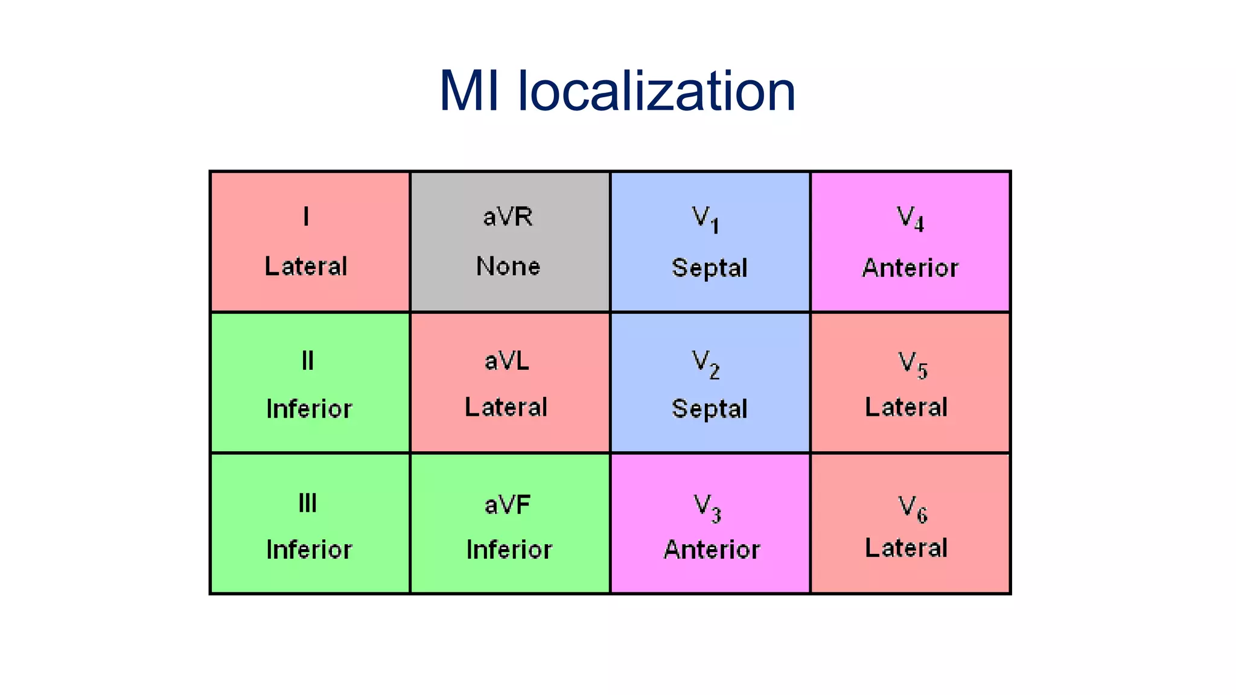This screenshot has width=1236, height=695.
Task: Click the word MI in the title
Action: point(469,91)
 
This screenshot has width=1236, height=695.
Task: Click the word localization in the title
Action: point(657,91)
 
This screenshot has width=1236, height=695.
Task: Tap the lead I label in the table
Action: point(307,216)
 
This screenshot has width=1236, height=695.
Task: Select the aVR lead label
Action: point(508,217)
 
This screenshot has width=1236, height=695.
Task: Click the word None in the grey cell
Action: point(508,266)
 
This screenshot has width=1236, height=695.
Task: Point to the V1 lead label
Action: point(705,219)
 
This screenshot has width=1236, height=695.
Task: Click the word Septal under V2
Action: point(709,409)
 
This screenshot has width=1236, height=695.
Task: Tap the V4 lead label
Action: point(910,218)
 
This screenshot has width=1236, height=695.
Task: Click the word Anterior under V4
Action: point(910,268)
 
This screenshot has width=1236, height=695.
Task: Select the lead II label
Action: point(308,361)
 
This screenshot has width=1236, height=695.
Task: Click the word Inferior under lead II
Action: point(309,409)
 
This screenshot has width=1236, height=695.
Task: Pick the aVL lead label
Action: point(507,361)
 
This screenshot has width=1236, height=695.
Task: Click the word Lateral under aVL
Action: point(506,407)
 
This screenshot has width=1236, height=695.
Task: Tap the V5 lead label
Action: point(913,364)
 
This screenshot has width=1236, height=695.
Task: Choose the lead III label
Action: point(308,503)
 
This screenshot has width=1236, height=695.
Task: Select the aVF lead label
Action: point(508,505)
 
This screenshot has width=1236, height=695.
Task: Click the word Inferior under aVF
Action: point(509,550)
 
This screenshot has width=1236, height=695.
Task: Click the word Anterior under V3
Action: point(712,550)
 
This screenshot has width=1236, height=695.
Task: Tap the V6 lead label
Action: point(913,509)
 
